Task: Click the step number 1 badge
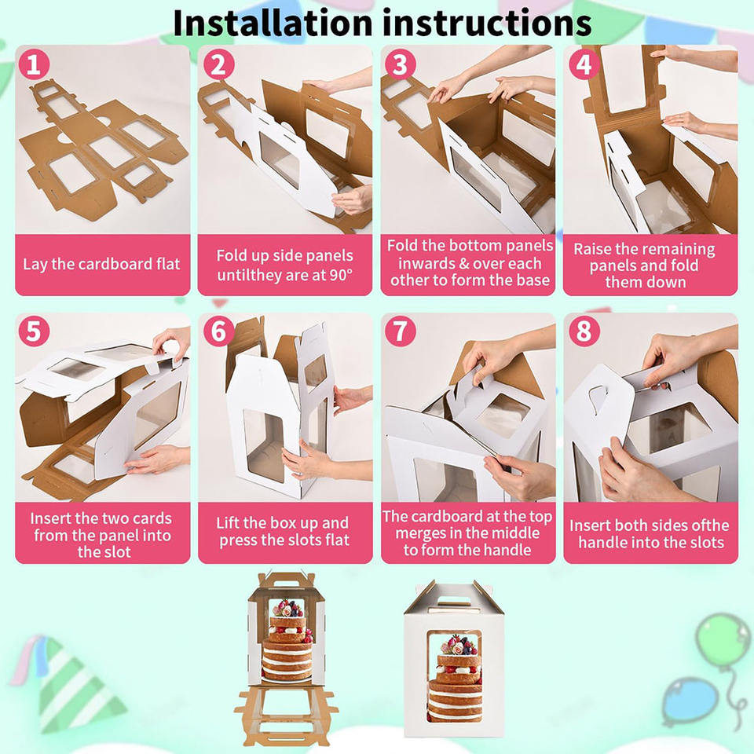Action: pyautogui.click(x=34, y=64)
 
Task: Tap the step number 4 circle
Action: pyautogui.click(x=584, y=64)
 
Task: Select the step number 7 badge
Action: pyautogui.click(x=400, y=331)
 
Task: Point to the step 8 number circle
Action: pyautogui.click(x=584, y=331)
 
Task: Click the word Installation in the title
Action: pyautogui.click(x=273, y=23)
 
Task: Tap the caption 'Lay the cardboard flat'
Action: pyautogui.click(x=101, y=264)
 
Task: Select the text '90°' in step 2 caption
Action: pyautogui.click(x=341, y=275)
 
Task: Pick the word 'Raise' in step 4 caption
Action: pyautogui.click(x=592, y=249)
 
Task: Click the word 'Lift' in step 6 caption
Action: pyautogui.click(x=226, y=523)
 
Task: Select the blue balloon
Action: pyautogui.click(x=689, y=699)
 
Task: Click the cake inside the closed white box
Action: pyautogui.click(x=455, y=678)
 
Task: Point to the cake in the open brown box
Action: pyautogui.click(x=287, y=639)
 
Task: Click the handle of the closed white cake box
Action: pyautogui.click(x=452, y=598)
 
